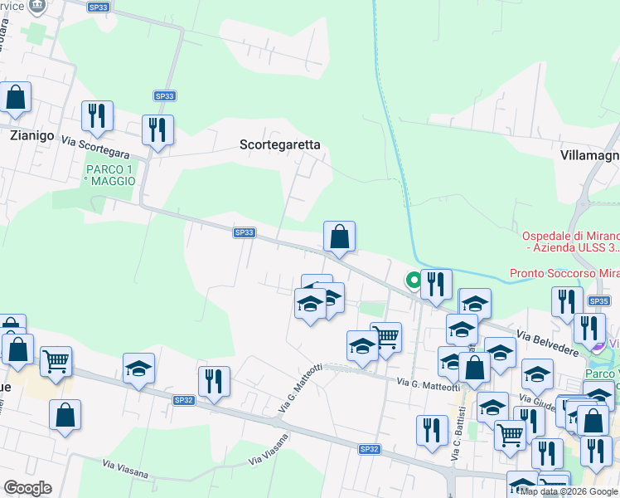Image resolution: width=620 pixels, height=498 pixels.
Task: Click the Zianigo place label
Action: point(32,134)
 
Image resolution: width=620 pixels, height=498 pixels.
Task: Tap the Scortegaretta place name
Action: point(279,144)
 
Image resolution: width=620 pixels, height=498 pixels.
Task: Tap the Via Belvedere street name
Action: point(548,342)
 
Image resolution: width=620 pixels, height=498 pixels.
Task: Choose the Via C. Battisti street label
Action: point(458,438)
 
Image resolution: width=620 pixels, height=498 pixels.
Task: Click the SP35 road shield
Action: point(598,300)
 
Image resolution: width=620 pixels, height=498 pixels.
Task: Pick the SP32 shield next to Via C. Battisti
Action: point(369,449)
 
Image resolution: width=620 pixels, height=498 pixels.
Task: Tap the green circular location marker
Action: point(412,281)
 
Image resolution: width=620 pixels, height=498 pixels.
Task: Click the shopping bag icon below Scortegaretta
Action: point(339,237)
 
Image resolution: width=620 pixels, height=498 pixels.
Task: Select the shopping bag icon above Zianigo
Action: point(15,98)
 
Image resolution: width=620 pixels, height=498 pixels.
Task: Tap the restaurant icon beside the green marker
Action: point(436,285)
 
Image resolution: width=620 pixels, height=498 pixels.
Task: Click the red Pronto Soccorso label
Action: point(564,273)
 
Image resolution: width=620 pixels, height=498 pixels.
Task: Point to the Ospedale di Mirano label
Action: point(571,242)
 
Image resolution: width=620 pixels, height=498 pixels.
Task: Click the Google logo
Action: point(27,488)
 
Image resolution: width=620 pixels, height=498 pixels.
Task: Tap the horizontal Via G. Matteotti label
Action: point(428,384)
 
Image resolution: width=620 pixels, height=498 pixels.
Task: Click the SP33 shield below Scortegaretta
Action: point(244,232)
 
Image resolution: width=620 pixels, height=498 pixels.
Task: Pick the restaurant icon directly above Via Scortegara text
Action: point(98,117)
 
